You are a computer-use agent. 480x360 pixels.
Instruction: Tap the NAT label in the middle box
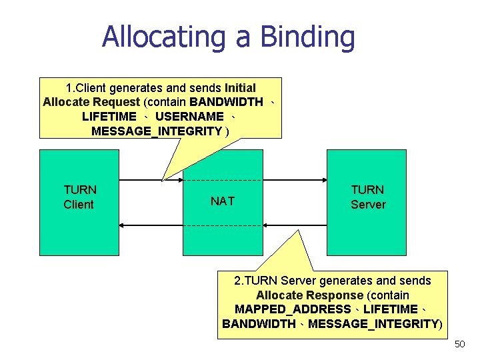(x=222, y=201)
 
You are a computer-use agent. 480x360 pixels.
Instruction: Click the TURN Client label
(x=79, y=197)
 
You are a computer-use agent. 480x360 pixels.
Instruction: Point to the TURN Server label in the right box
(x=368, y=197)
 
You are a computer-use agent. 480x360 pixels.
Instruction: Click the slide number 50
(x=459, y=344)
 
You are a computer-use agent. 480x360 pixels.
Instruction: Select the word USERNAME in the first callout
(x=189, y=117)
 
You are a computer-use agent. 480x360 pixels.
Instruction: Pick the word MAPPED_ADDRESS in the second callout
(x=293, y=309)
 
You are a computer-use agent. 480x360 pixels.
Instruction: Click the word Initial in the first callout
(x=240, y=88)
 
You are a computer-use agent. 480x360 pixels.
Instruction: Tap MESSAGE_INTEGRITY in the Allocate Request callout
(x=157, y=131)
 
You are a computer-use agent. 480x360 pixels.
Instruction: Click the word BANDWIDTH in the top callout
(x=226, y=103)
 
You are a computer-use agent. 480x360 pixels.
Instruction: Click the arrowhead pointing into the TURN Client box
(x=125, y=226)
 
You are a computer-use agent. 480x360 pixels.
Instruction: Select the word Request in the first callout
(x=116, y=103)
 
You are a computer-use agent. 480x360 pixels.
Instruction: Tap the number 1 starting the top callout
(x=69, y=88)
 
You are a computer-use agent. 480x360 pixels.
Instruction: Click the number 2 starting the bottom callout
(x=237, y=281)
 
